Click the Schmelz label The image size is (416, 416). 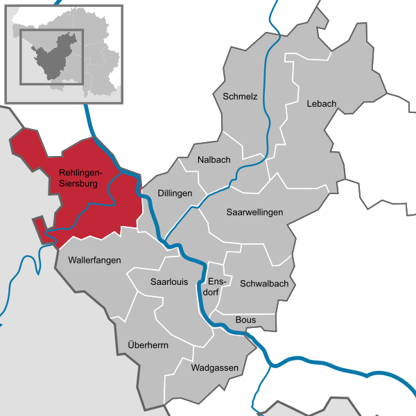click(240, 96)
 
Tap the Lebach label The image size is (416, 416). click(321, 104)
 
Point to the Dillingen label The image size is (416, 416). click(175, 193)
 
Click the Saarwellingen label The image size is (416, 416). click(254, 212)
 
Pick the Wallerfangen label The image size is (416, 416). click(94, 260)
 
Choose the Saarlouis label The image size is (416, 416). click(169, 281)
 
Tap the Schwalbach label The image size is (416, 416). click(263, 284)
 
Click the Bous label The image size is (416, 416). click(245, 320)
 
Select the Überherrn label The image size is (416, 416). click(148, 345)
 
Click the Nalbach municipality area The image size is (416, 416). click(208, 173)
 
